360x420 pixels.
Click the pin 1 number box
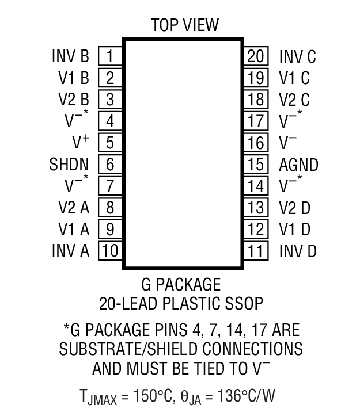pos(109,56)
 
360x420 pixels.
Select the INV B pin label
pos(70,56)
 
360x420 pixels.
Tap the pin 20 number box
pos(255,56)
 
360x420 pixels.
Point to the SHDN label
pos(69,165)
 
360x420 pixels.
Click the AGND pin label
pos(298,165)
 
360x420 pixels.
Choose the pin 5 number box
pos(109,143)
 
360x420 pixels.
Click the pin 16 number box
pos(255,143)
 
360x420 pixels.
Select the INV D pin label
pos(298,251)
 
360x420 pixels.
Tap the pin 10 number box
pos(109,251)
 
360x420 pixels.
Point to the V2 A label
pos(74,208)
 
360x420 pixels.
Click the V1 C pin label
pos(294,78)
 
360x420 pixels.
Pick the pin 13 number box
pos(255,208)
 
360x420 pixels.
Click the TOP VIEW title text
pos(185,25)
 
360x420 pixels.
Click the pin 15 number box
pos(255,165)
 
